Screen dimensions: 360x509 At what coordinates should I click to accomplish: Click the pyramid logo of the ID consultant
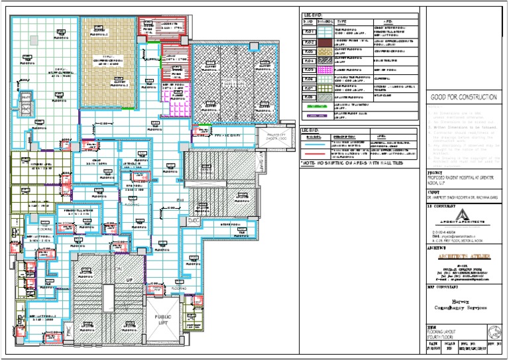464,213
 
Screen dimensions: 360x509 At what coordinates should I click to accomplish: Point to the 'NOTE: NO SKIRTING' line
351,162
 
